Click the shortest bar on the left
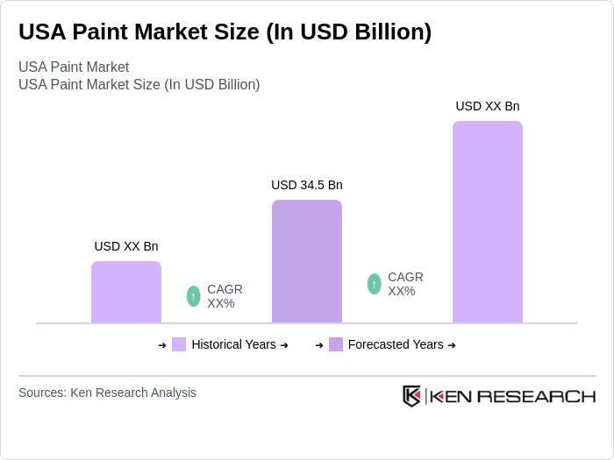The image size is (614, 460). click(x=126, y=292)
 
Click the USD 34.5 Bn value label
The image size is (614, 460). click(x=307, y=185)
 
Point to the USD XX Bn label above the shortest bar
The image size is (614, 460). click(x=126, y=246)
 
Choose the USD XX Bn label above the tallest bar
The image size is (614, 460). click(x=487, y=106)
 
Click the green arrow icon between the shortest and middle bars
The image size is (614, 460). click(x=194, y=296)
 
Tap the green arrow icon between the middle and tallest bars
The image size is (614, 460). click(x=375, y=284)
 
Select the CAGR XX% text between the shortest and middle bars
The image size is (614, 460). click(x=225, y=296)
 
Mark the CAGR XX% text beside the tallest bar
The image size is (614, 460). click(x=405, y=284)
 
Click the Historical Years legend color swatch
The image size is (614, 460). click(x=179, y=344)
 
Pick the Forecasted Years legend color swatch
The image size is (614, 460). click(x=336, y=344)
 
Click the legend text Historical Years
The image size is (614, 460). click(x=233, y=344)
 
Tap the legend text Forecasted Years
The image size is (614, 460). click(x=396, y=344)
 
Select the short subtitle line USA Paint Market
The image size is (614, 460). click(x=74, y=67)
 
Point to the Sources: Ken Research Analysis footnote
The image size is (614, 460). click(x=107, y=393)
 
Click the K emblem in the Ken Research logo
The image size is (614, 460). click(x=411, y=396)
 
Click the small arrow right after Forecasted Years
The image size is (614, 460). click(x=452, y=345)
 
